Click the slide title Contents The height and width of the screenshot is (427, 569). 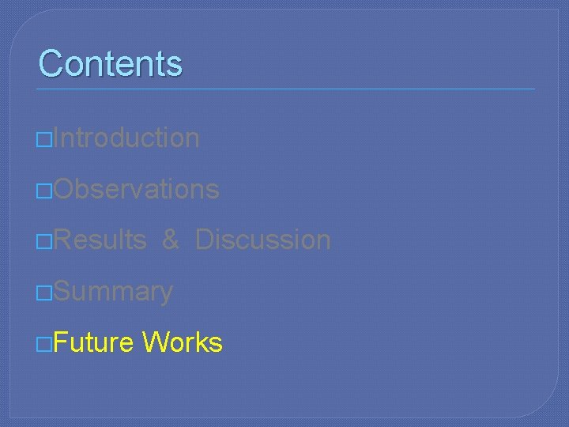(x=110, y=63)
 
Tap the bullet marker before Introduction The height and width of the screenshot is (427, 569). (x=44, y=139)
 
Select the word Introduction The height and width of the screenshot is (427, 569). (x=127, y=138)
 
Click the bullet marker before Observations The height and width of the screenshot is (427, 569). (x=44, y=191)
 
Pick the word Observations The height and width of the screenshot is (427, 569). (x=137, y=189)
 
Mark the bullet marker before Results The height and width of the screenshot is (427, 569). (x=44, y=241)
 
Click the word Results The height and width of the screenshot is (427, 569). (x=100, y=240)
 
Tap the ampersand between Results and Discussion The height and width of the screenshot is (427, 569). (x=171, y=240)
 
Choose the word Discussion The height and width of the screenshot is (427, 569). (x=262, y=240)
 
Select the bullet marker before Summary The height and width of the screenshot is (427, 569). (x=44, y=293)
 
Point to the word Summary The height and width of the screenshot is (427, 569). (x=114, y=292)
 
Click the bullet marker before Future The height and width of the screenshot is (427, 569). (x=44, y=344)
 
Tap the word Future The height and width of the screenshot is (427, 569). (x=94, y=342)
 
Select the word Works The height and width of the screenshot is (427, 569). (x=183, y=342)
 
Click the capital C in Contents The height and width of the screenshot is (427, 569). (x=51, y=63)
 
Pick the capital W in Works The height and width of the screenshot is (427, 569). (x=154, y=342)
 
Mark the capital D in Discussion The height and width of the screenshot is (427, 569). (x=205, y=240)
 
